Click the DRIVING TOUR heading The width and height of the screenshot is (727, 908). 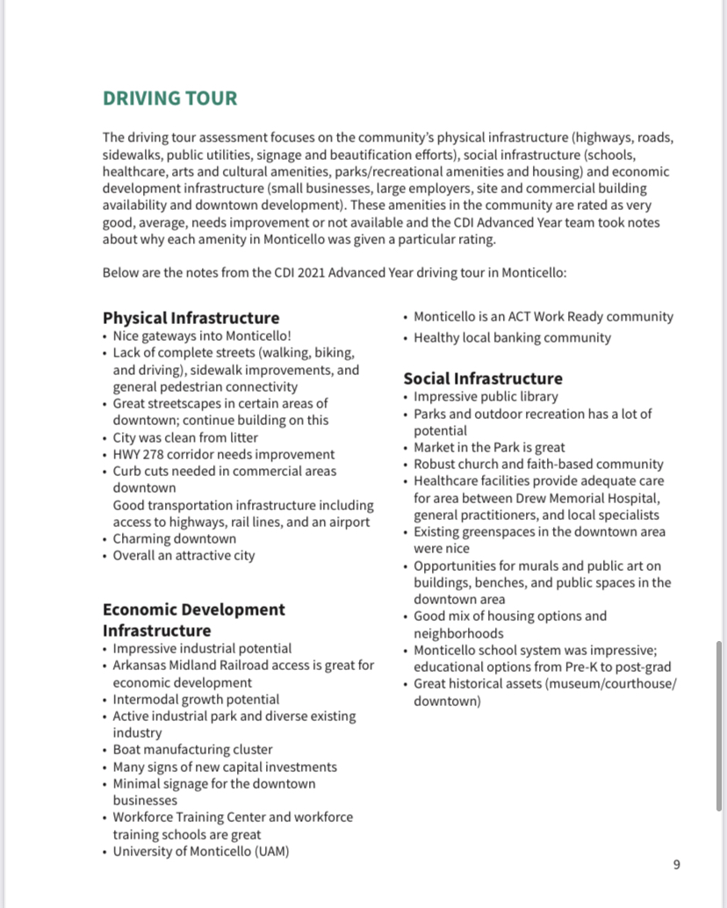pyautogui.click(x=169, y=97)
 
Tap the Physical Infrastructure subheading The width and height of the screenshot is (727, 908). pyautogui.click(x=191, y=318)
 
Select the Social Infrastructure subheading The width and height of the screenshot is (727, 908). pyautogui.click(x=482, y=378)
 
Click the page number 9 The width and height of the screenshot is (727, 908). pyautogui.click(x=676, y=865)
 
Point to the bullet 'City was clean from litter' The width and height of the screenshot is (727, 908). pyautogui.click(x=185, y=437)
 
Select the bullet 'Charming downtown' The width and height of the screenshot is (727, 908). pyautogui.click(x=174, y=538)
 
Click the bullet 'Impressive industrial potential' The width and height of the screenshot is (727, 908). pyautogui.click(x=202, y=648)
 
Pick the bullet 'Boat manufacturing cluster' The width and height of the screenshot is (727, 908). pyautogui.click(x=192, y=750)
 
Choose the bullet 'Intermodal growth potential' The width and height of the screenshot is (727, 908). pyautogui.click(x=196, y=699)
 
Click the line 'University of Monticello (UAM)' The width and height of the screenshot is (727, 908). pyautogui.click(x=201, y=851)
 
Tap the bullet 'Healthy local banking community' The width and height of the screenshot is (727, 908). pyautogui.click(x=512, y=337)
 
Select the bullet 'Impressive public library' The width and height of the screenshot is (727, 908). pyautogui.click(x=486, y=396)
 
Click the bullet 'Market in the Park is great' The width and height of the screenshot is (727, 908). pyautogui.click(x=489, y=447)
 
